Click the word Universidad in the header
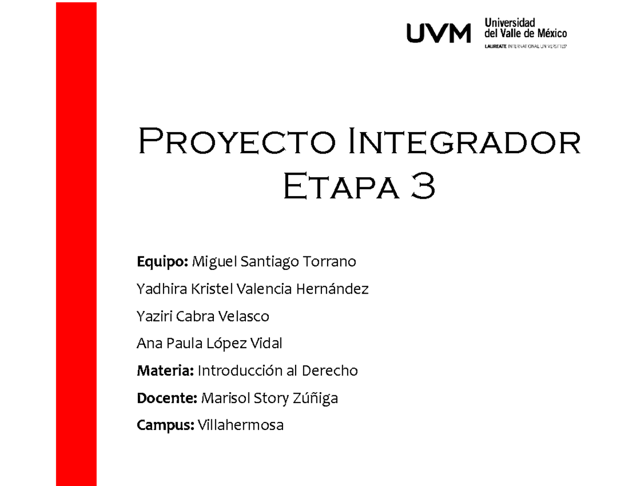(x=510, y=23)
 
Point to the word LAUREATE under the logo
(x=493, y=46)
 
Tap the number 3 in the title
(x=422, y=189)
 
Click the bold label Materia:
(x=165, y=371)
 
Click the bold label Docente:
(x=167, y=398)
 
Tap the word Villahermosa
(x=241, y=426)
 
